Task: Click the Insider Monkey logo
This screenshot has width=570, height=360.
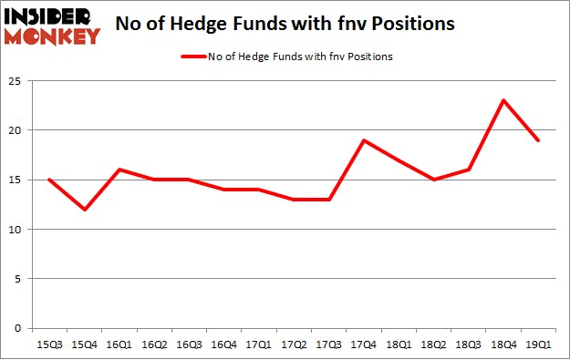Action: [x=51, y=25]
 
